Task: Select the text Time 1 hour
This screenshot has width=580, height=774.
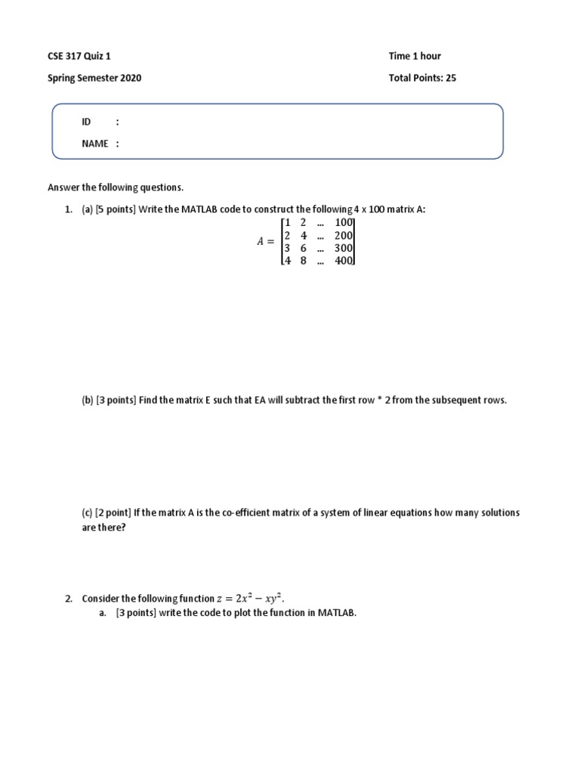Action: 415,56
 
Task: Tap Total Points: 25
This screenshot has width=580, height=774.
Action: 422,77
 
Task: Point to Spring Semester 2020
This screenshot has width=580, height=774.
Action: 94,77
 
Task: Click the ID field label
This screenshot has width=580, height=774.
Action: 86,122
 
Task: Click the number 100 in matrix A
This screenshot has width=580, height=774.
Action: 344,222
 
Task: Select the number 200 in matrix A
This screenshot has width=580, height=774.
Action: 344,235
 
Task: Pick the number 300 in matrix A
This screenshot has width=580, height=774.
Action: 344,248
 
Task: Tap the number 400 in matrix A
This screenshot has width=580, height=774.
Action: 344,261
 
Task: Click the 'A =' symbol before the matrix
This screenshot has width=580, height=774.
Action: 266,242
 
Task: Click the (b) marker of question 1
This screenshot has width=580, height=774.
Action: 88,401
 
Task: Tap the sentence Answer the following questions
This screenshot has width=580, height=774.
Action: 116,187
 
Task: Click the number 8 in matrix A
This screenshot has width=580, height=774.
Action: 303,261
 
